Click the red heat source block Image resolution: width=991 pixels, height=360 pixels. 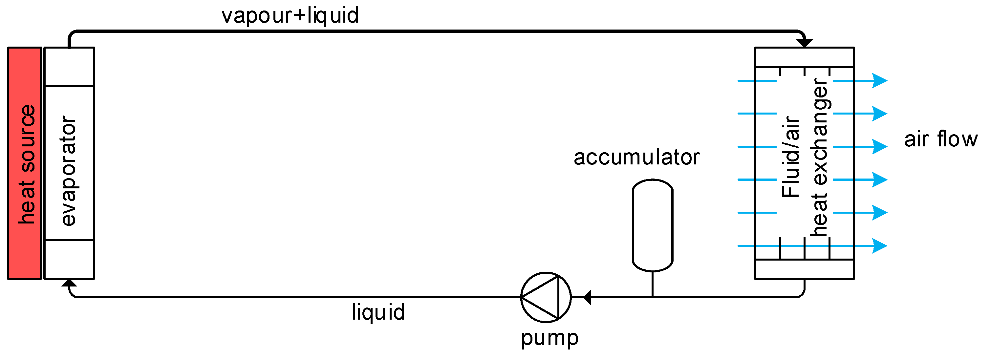click(x=25, y=163)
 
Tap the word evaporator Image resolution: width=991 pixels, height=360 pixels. click(x=69, y=171)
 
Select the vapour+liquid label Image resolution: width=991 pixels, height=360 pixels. click(x=290, y=15)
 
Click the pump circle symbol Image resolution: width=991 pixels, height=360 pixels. click(x=546, y=297)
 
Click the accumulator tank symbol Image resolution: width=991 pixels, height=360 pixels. click(x=653, y=225)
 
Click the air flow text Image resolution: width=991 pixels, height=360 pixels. click(x=940, y=139)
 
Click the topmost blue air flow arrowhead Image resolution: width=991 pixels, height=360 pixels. click(x=879, y=81)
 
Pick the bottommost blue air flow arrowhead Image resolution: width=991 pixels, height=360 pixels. click(x=879, y=246)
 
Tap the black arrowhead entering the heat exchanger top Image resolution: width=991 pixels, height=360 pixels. click(x=805, y=43)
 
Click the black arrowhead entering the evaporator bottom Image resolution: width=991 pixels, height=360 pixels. click(x=69, y=283)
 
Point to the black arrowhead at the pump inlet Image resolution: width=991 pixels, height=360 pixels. click(x=587, y=297)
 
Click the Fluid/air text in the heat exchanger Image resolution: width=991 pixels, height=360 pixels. click(x=791, y=157)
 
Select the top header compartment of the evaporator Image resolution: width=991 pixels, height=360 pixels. click(x=69, y=67)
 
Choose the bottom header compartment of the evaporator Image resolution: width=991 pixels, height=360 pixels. click(x=69, y=259)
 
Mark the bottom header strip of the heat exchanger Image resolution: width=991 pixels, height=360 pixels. click(x=805, y=269)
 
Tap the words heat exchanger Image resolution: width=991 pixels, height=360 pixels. click(x=819, y=157)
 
